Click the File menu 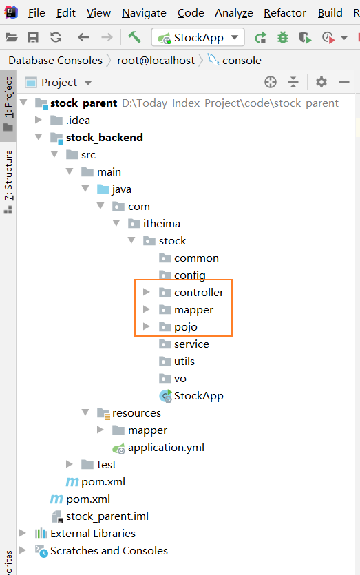tap(36, 13)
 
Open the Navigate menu tap(144, 13)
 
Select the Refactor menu tap(285, 13)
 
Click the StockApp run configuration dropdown tap(198, 37)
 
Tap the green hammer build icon tap(134, 37)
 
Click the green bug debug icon tap(283, 37)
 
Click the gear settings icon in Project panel tap(321, 82)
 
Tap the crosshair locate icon tap(271, 82)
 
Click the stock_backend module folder tap(96, 138)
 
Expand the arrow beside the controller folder tap(147, 292)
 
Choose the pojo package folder tap(178, 326)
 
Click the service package tap(184, 344)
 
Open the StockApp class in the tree tap(191, 396)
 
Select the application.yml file tap(158, 448)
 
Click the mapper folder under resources tap(139, 430)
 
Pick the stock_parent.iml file tap(100, 516)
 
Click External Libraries tap(85, 533)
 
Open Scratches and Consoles tap(101, 550)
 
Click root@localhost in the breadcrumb tap(156, 60)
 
